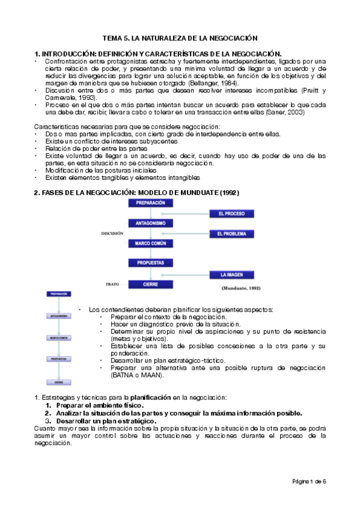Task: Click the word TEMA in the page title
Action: pyautogui.click(x=113, y=37)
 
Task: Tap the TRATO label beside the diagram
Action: pyautogui.click(x=113, y=283)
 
